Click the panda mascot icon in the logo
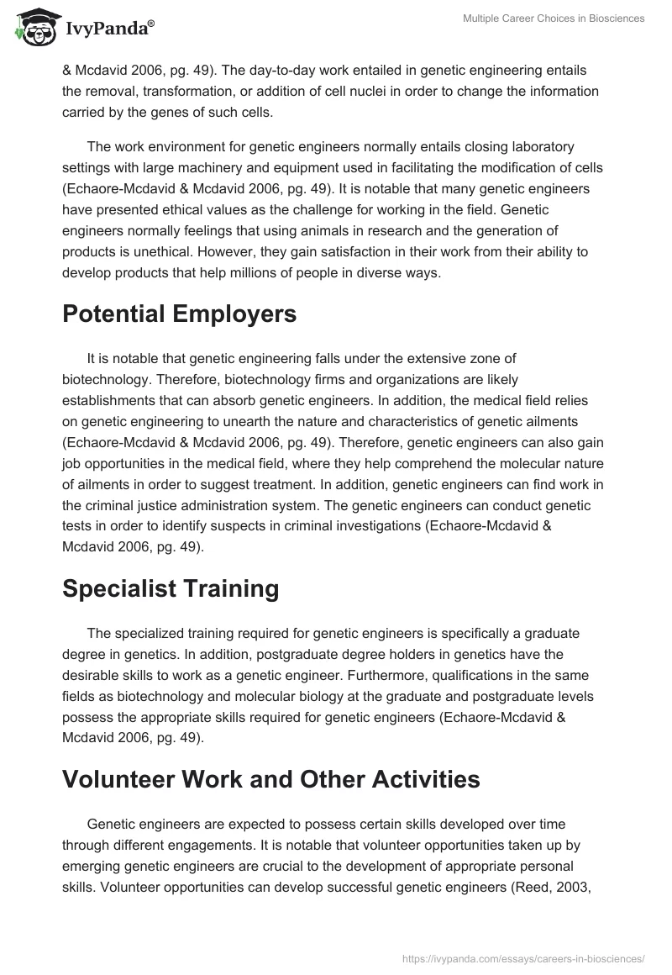(31, 28)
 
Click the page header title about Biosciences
(554, 18)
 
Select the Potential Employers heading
(180, 314)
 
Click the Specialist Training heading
(171, 588)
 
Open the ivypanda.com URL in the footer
(523, 957)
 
